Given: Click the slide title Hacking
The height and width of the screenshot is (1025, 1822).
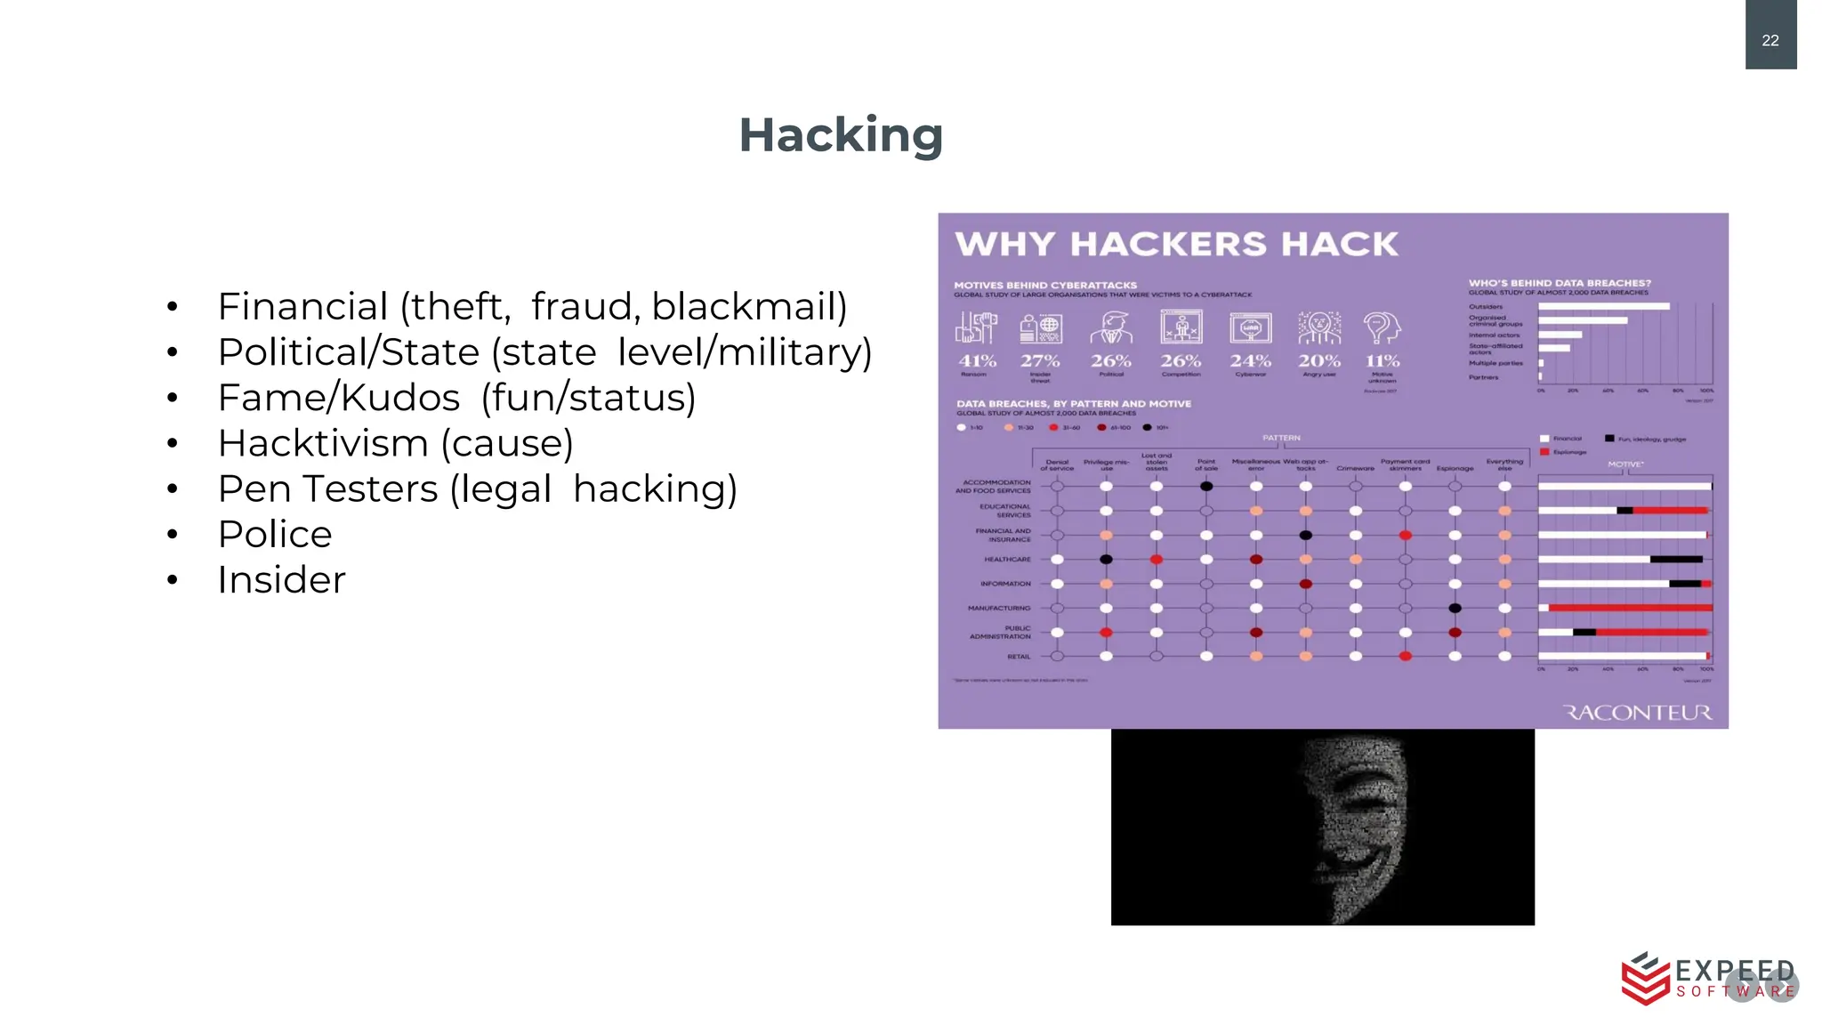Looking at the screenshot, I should pyautogui.click(x=840, y=135).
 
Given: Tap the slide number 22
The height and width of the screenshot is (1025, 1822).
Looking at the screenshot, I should pyautogui.click(x=1770, y=40).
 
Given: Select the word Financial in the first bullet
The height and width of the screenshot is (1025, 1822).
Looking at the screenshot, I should pyautogui.click(x=302, y=307).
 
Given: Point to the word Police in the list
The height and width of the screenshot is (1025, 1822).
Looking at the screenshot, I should pyautogui.click(x=275, y=535).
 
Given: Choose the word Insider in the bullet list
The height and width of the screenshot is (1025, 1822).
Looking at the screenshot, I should pyautogui.click(x=281, y=580).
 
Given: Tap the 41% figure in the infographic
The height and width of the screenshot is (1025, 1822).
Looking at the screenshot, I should pyautogui.click(x=977, y=361).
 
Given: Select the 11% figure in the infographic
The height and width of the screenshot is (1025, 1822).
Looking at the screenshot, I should pyautogui.click(x=1383, y=361).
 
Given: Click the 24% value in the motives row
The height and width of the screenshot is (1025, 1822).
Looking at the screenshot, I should pyautogui.click(x=1250, y=361).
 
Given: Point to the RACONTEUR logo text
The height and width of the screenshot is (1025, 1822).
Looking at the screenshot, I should pyautogui.click(x=1637, y=713).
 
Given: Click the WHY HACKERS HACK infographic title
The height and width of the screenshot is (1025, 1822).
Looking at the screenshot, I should pyautogui.click(x=1176, y=245).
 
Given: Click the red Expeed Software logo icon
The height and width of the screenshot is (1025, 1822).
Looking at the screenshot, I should pyautogui.click(x=1645, y=979).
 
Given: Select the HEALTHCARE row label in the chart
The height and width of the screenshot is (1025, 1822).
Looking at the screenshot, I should pyautogui.click(x=1007, y=560).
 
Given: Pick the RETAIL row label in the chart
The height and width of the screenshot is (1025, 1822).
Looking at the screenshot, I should pyautogui.click(x=1019, y=657).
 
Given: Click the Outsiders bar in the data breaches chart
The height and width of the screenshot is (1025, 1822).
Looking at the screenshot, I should pyautogui.click(x=1603, y=306).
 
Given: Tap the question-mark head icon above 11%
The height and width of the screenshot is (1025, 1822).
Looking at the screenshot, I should pyautogui.click(x=1382, y=328).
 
